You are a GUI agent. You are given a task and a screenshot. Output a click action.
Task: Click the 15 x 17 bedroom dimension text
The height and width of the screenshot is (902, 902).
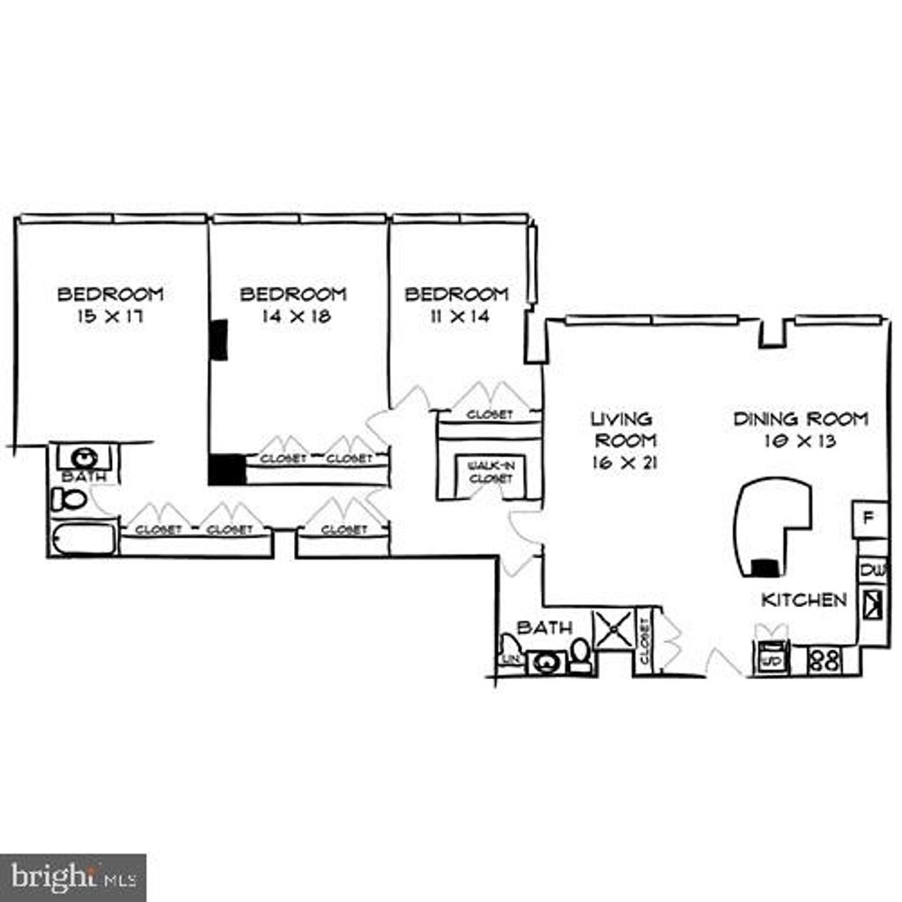click(x=110, y=316)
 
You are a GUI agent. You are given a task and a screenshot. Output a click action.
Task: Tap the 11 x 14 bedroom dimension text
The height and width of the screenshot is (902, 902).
click(x=455, y=316)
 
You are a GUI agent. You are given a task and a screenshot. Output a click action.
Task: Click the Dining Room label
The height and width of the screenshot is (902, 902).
click(x=801, y=419)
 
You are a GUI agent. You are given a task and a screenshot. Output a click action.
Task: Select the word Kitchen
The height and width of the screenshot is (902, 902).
click(x=803, y=600)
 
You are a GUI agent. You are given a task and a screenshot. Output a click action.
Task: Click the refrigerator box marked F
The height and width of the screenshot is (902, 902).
click(x=869, y=518)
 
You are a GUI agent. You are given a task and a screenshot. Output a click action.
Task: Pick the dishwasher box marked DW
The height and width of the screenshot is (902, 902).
click(x=873, y=569)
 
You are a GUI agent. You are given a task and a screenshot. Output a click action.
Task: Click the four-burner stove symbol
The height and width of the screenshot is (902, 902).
click(x=824, y=660)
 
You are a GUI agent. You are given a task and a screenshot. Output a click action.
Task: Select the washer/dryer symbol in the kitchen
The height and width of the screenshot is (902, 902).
click(x=772, y=659)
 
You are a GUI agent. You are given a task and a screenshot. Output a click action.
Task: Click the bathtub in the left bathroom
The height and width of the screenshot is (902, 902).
click(x=84, y=538)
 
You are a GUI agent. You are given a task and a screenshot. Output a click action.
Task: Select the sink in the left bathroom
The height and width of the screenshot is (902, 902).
click(x=85, y=457)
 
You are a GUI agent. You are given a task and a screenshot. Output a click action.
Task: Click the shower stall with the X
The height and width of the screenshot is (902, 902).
click(x=613, y=629)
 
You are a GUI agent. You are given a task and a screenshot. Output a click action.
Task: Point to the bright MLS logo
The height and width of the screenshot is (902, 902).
click(x=73, y=877)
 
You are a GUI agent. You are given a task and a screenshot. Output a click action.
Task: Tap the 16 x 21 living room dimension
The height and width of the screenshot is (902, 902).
click(x=624, y=462)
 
